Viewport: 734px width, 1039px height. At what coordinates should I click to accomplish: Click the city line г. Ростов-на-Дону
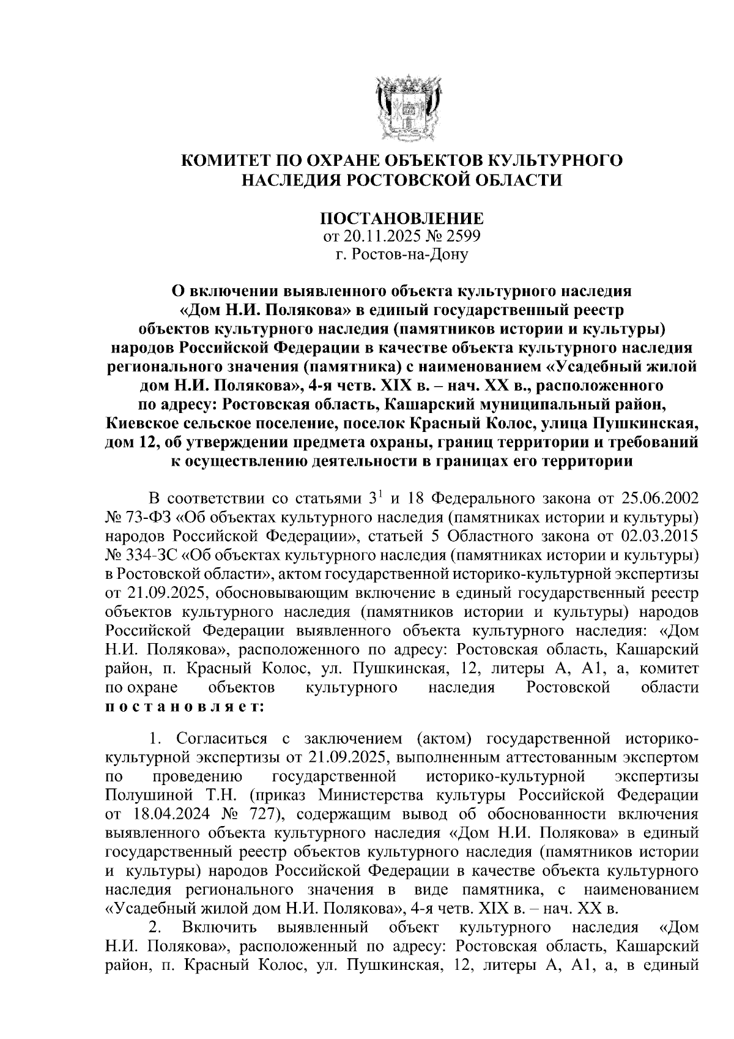click(402, 253)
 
